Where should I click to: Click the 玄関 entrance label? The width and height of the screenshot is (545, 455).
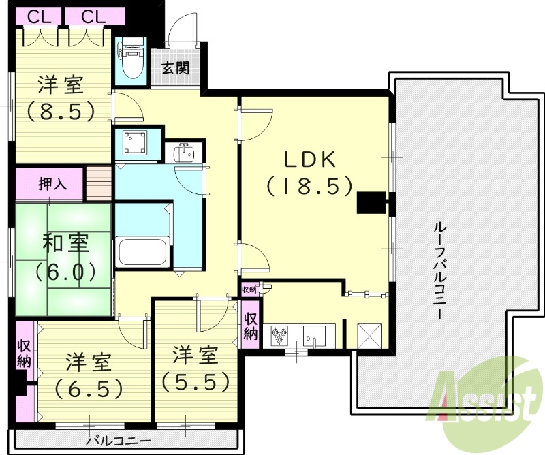pyautogui.click(x=175, y=69)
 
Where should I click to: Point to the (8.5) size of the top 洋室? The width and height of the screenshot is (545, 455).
pyautogui.click(x=61, y=110)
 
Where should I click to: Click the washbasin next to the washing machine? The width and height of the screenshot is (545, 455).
pyautogui.click(x=183, y=153)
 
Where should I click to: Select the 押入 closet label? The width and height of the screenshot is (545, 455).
pyautogui.click(x=52, y=184)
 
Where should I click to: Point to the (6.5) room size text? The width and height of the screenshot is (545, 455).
pyautogui.click(x=89, y=388)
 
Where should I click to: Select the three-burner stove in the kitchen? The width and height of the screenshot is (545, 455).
pyautogui.click(x=280, y=336)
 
